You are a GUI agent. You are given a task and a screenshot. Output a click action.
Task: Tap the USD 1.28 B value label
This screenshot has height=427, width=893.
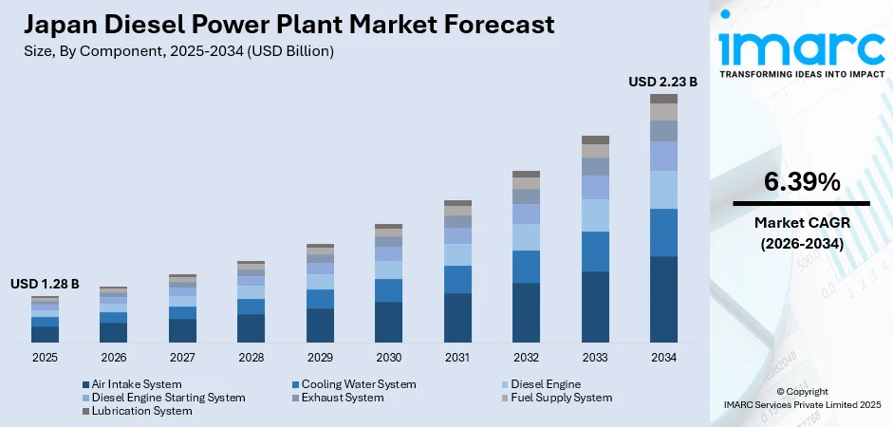pos(45,284)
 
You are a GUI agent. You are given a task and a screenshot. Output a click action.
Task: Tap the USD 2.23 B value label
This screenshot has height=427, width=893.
pos(662,83)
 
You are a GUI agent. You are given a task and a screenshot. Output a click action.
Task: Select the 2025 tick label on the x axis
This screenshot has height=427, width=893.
pos(45,358)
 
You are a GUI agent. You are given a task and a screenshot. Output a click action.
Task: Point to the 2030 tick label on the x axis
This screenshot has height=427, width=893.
pos(388,358)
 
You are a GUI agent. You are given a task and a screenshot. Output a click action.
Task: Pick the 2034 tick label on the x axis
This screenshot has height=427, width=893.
pos(663,358)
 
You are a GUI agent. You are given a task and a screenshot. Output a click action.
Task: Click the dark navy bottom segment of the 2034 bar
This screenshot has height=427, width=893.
pos(663,299)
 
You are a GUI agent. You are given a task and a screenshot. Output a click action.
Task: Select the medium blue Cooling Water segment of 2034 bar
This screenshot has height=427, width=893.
pos(663,232)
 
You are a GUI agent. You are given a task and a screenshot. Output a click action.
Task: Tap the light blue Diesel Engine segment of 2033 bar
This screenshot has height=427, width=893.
pos(595,215)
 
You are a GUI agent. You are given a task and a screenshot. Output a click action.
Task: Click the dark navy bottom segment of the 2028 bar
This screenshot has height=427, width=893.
pos(251,327)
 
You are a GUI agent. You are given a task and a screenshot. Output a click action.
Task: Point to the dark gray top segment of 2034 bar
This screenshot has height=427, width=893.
pos(663,99)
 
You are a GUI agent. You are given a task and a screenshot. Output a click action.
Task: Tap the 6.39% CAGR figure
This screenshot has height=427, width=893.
pos(801,182)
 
